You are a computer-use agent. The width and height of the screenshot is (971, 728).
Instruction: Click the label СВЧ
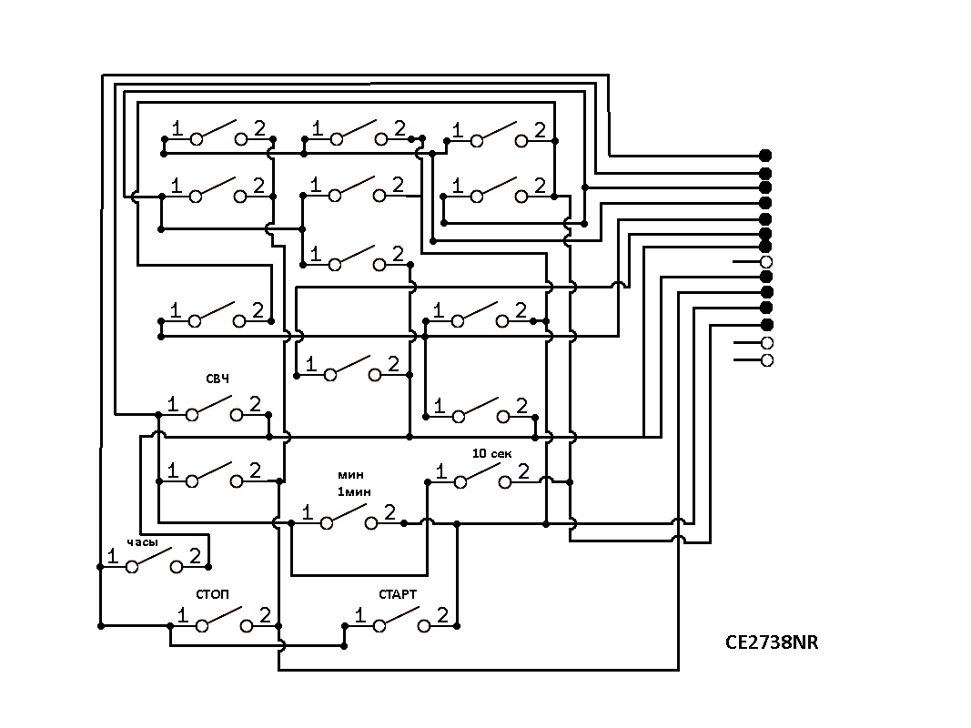[x=217, y=379]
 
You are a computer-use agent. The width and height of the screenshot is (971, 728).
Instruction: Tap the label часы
[x=143, y=542]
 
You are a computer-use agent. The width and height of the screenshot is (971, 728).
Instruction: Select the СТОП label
[x=212, y=594]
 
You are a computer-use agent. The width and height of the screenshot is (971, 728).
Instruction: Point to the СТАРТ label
[x=398, y=594]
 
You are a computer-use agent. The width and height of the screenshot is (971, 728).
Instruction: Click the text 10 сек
[x=492, y=454]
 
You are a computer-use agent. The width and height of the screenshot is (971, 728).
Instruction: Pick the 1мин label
[x=354, y=492]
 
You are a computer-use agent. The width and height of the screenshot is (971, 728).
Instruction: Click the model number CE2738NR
[x=772, y=642]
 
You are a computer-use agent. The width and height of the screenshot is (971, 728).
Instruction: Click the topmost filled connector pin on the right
[x=765, y=156]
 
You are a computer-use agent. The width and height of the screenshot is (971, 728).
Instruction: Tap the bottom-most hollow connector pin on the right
[x=766, y=360]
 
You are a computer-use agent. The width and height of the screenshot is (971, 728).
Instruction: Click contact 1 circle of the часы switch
[x=132, y=566]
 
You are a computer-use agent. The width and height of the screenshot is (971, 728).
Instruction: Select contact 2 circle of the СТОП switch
[x=247, y=626]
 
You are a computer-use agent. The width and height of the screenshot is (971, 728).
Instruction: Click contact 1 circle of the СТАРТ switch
[x=379, y=626]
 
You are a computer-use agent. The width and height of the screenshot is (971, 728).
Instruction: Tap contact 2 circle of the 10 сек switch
[x=505, y=482]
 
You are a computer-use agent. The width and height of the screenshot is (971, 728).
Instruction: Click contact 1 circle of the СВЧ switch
[x=192, y=415]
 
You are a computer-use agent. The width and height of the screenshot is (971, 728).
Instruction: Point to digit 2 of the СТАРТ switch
[x=442, y=615]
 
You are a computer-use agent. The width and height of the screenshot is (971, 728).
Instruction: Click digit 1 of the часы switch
[x=113, y=556]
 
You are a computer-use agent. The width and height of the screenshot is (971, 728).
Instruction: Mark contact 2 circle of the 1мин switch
[x=371, y=523]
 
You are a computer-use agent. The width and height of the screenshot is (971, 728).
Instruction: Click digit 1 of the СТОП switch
[x=183, y=615]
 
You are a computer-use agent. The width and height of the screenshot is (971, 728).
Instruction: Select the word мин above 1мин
[x=350, y=475]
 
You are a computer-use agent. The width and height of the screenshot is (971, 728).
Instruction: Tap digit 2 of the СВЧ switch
[x=255, y=404]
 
